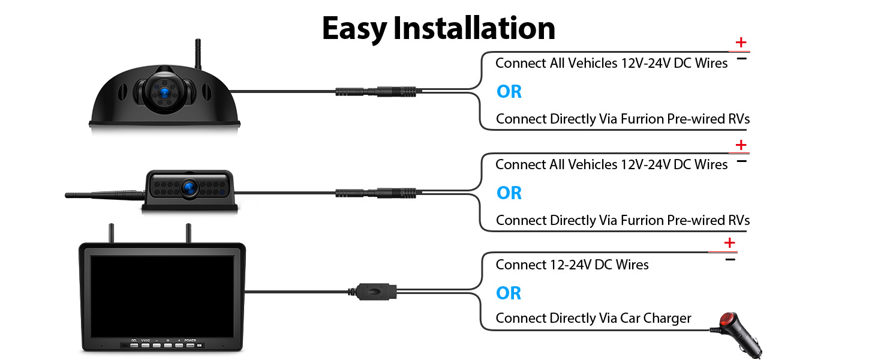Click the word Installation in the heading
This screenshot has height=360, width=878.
click(474, 28)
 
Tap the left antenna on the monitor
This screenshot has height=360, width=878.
click(111, 234)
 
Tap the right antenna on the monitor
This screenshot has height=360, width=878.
click(187, 234)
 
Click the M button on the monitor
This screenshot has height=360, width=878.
click(168, 345)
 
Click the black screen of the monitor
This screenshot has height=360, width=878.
click(162, 294)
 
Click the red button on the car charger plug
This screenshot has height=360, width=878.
click(727, 319)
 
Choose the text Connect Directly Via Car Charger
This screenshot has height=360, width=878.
click(593, 318)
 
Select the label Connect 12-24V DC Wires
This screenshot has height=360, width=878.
click(572, 265)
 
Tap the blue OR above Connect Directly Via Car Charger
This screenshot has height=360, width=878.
click(509, 293)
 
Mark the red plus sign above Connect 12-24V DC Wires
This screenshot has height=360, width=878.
click(729, 243)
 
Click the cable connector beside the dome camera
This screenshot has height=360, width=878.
click(375, 92)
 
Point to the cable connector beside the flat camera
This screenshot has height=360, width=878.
click(375, 193)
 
